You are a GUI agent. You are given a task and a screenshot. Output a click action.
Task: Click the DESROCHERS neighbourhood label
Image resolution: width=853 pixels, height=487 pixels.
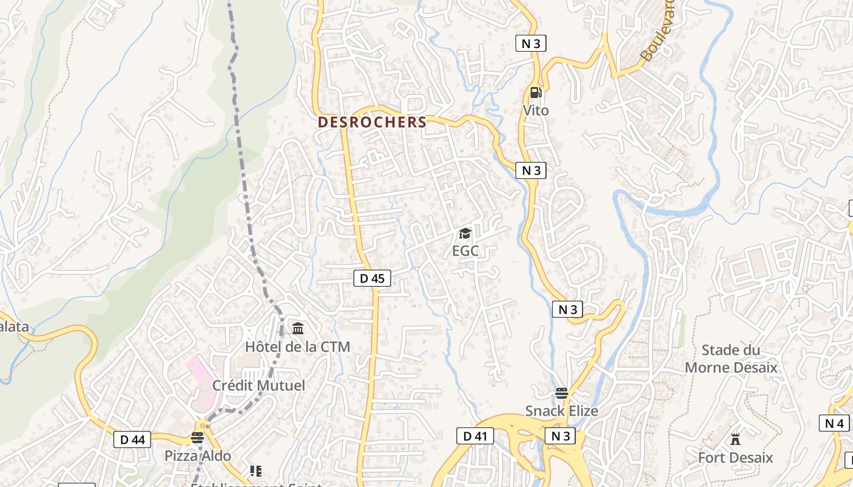[372, 122]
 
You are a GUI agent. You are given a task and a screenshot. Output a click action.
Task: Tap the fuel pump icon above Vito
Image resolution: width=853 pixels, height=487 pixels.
[536, 93]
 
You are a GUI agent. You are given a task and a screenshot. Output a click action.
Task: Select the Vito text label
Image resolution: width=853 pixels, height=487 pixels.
[536, 110]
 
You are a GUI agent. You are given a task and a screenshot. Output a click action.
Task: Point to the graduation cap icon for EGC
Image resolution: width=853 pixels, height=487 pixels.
[465, 234]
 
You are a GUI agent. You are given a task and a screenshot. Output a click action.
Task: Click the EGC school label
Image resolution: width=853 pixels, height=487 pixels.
[465, 251]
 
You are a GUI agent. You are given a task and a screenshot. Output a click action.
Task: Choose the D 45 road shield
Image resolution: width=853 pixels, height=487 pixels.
[372, 278]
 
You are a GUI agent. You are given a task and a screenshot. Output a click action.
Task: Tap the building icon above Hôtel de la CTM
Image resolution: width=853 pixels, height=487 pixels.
[298, 329]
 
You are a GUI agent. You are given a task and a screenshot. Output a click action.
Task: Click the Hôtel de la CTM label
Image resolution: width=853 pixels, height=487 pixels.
[297, 347]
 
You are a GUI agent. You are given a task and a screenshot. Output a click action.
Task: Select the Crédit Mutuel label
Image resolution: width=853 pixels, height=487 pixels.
[258, 385]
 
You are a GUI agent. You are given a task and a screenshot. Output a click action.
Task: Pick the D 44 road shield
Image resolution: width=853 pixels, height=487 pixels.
[132, 439]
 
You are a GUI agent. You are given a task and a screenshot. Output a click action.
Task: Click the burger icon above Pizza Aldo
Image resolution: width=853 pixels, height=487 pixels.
[197, 438]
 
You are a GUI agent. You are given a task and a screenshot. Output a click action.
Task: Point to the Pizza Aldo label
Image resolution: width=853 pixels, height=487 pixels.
[197, 456]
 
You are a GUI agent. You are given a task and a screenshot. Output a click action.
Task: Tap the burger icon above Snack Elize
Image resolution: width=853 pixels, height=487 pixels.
[562, 393]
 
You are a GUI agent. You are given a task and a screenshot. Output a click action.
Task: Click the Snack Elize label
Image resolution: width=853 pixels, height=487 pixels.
[562, 411]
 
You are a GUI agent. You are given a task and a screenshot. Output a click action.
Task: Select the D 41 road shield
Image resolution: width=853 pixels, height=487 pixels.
[475, 436]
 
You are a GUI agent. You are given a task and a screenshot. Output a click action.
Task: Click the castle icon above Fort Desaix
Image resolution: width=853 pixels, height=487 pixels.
[735, 440]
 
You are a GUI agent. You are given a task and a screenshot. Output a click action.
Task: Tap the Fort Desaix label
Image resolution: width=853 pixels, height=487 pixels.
[735, 458]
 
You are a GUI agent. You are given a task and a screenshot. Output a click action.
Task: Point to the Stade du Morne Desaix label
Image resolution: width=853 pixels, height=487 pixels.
[731, 359]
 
